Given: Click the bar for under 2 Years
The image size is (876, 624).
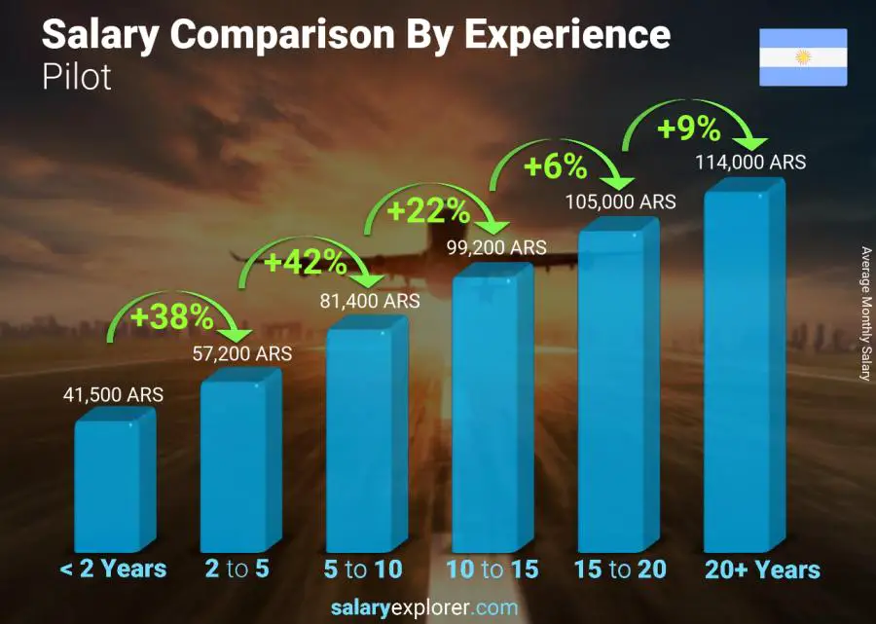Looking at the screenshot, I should [x=114, y=482].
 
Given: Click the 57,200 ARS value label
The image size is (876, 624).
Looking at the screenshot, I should [x=239, y=354].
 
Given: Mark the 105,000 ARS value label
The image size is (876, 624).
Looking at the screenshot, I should [x=621, y=202].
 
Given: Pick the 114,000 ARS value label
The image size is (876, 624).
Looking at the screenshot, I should [x=750, y=163].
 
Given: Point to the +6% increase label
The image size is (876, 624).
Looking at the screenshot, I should [x=555, y=167].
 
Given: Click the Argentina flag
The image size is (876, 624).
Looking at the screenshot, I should [x=803, y=57].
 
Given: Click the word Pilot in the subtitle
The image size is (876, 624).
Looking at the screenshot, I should [x=77, y=77].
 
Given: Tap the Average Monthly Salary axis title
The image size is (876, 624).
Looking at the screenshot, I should [x=864, y=313].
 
